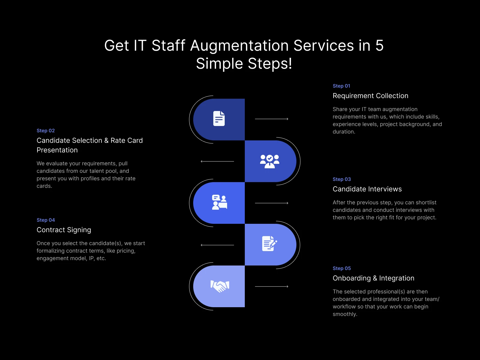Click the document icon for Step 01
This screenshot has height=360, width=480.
[219, 118]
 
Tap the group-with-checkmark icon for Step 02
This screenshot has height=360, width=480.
[269, 161]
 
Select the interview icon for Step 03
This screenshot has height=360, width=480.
[219, 202]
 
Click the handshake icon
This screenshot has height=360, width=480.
[220, 286]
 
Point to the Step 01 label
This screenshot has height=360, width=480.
[341, 86]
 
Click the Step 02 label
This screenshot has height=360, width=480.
[46, 130]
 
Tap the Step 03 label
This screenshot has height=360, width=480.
[342, 179]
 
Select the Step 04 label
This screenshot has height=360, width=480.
[46, 220]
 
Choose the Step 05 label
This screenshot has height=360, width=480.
[342, 268]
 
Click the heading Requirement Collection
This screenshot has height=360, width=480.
[370, 96]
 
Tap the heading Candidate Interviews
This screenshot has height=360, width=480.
[367, 189]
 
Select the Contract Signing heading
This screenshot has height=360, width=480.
[64, 230]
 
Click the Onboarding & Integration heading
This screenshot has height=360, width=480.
[373, 278]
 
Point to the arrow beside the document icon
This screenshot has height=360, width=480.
[271, 119]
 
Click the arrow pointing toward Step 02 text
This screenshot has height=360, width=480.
[217, 161]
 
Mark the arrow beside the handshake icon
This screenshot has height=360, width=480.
[271, 286]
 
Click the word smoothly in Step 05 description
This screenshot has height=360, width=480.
[345, 314]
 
